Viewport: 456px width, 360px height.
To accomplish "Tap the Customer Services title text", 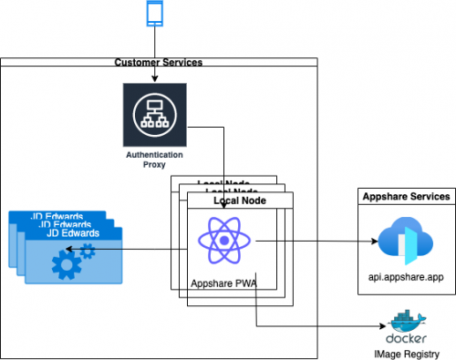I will pyautogui.click(x=159, y=62).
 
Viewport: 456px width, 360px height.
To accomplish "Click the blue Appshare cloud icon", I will pyautogui.click(x=402, y=242).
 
